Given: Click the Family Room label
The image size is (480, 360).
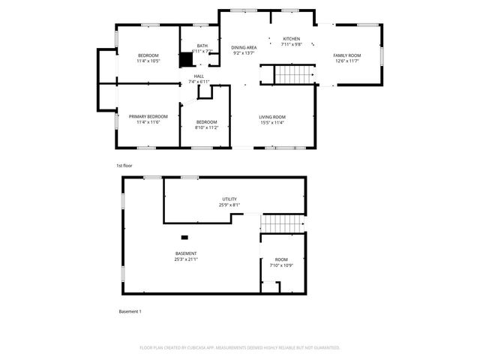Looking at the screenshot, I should coord(346,55).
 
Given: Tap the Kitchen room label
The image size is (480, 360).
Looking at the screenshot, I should coord(291,39).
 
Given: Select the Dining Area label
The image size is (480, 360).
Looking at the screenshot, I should coord(244,47).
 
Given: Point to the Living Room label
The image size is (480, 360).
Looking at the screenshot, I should coord(272,117).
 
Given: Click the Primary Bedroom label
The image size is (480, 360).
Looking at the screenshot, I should coord(148,117).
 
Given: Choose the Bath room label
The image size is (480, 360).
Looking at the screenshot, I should coord(202,46).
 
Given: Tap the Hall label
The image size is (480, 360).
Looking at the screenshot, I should coord(199,76).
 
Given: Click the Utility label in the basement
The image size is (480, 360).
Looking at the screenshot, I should coord(229,199).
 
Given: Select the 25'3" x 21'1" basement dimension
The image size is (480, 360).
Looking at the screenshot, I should coord(186,259).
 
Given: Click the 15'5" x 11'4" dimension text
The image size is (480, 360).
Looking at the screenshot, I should coord(272,123).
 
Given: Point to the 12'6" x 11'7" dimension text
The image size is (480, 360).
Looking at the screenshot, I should coord(346,61).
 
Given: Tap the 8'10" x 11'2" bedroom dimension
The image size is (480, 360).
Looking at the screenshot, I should coord(206,128).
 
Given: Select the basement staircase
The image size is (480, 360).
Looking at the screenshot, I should coord(283,223).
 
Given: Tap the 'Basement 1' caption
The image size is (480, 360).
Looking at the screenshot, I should coord(130,311).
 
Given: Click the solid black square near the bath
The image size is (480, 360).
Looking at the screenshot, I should coord(186,60).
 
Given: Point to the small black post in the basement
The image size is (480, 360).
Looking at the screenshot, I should coord(184,238).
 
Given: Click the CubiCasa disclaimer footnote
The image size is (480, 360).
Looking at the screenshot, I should coord(240,347).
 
